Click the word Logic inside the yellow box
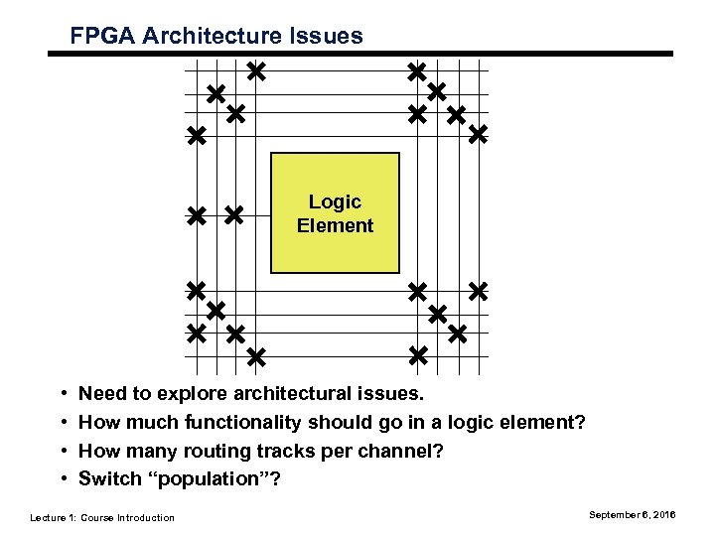(335, 202)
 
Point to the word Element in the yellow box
(335, 225)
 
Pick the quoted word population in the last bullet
(219, 479)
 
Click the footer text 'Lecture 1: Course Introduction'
(102, 517)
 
